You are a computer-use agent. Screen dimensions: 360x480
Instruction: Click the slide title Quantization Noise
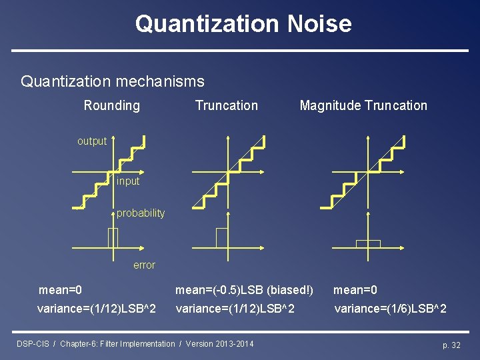tap(243, 23)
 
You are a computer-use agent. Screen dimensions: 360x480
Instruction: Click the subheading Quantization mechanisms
tap(113, 81)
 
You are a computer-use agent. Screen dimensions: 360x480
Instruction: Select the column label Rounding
tap(111, 105)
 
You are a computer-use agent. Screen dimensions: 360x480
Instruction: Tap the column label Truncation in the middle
tap(226, 105)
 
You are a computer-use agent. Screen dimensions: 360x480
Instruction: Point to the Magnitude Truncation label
tap(363, 105)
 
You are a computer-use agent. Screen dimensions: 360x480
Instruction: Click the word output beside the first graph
tap(91, 141)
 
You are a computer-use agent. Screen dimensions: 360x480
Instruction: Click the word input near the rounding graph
tap(128, 181)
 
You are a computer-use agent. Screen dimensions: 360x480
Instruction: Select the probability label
tap(140, 213)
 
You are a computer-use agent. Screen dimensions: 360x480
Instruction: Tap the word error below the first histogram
tap(144, 265)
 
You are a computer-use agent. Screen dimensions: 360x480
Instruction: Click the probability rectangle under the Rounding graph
tap(113, 237)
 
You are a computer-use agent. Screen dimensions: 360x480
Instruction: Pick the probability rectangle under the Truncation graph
tap(221, 237)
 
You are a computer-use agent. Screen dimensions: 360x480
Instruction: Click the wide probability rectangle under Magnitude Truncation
tap(367, 243)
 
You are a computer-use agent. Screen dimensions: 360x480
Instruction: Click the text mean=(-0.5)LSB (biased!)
tap(244, 290)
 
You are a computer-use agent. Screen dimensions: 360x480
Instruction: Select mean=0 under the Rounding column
tap(60, 290)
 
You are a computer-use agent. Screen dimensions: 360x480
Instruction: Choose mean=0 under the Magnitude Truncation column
tap(355, 290)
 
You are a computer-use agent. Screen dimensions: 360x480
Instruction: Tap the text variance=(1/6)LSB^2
tap(390, 309)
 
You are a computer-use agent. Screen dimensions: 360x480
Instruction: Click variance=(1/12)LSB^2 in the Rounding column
tap(97, 309)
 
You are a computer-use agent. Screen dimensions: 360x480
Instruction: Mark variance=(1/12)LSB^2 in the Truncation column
tap(235, 309)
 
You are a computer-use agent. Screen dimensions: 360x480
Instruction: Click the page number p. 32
tap(451, 345)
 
